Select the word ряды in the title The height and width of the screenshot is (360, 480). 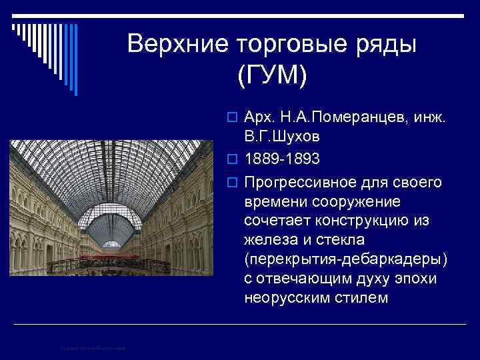tap(386, 44)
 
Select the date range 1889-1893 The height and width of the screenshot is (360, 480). tap(282, 159)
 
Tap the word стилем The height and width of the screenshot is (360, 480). tap(363, 298)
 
